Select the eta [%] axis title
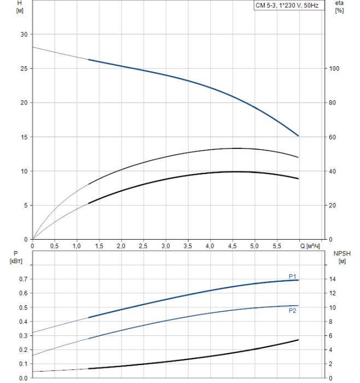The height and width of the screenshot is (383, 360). click(x=339, y=7)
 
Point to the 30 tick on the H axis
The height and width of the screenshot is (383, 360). click(x=24, y=34)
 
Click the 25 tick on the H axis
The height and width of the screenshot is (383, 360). click(x=24, y=68)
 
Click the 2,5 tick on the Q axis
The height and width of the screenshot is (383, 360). click(x=143, y=246)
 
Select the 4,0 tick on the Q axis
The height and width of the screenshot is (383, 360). click(x=210, y=246)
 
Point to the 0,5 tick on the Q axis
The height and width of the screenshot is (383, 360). click(x=55, y=246)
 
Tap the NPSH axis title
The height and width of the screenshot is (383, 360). click(x=341, y=257)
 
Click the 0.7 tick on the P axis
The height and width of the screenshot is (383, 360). click(x=22, y=279)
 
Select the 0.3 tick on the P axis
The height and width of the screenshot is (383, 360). click(x=22, y=335)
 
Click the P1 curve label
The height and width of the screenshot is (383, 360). click(x=293, y=276)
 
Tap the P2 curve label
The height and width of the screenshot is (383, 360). click(x=293, y=311)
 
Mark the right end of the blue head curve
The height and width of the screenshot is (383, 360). click(x=299, y=136)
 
